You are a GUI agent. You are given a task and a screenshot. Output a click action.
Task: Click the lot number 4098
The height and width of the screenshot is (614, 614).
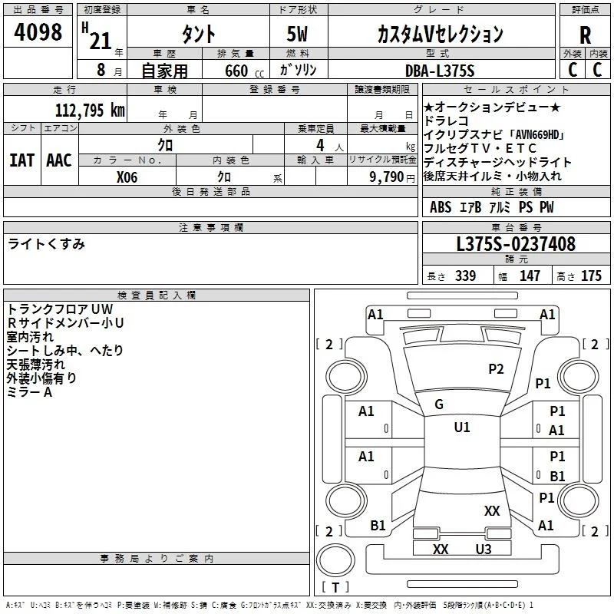38,32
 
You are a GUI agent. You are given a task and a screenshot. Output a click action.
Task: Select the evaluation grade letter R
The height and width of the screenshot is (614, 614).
585,35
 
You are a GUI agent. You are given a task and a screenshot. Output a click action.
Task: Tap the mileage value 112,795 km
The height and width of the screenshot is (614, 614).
90,110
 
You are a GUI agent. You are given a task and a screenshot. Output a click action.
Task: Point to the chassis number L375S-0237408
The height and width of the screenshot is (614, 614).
516,244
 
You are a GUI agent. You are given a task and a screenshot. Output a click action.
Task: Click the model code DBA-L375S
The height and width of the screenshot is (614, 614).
440,71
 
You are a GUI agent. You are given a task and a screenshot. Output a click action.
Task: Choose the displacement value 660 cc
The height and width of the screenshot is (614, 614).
244,71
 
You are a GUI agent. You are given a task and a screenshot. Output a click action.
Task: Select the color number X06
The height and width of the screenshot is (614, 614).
127,177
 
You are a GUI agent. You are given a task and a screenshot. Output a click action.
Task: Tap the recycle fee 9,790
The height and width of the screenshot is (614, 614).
387,177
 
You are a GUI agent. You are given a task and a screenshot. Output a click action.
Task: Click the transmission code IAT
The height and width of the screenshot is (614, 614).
21,160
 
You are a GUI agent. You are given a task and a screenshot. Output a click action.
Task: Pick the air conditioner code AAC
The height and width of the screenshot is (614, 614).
59,160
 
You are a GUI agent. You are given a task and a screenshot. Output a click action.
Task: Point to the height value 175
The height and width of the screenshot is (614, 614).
591,276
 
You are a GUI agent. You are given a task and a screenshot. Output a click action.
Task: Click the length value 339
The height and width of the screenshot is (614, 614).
465,276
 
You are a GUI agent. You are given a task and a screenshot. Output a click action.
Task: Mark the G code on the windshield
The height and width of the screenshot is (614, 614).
439,404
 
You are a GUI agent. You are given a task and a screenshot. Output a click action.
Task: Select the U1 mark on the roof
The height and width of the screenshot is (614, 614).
462,427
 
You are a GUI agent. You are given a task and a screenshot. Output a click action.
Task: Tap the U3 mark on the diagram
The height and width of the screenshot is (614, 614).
484,550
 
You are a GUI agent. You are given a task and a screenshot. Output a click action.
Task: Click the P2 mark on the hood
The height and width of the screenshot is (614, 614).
496,369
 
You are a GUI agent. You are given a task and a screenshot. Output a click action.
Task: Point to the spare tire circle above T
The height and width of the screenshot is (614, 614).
335,560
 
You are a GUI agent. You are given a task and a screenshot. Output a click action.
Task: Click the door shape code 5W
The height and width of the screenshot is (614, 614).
297,34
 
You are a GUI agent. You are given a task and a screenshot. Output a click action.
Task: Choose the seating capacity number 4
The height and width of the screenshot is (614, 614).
320,145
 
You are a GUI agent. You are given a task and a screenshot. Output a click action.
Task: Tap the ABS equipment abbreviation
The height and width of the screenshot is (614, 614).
441,207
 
